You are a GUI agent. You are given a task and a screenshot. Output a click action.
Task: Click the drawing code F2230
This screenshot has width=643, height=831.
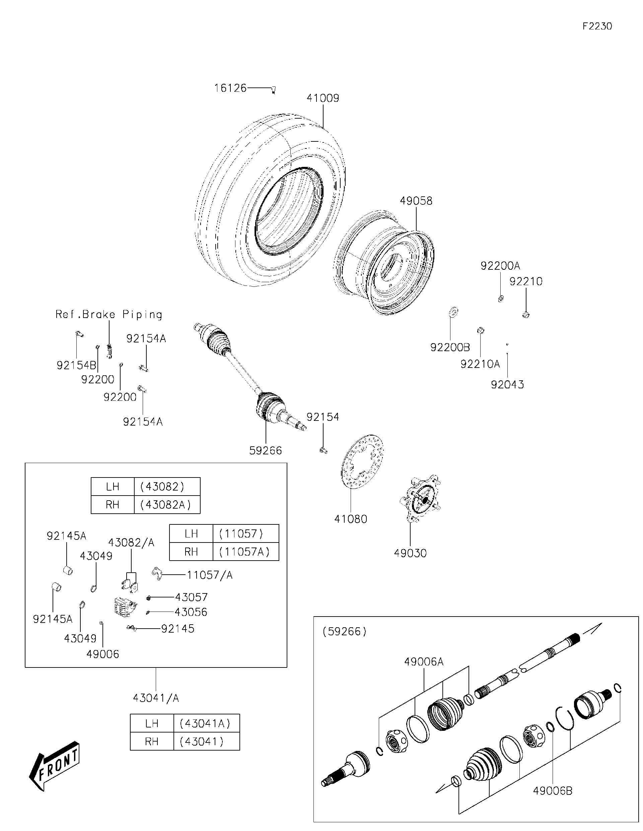597,26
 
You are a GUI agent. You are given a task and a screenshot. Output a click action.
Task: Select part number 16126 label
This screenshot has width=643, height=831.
230,88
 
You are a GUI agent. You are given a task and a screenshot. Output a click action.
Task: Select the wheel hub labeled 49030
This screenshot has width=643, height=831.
420,499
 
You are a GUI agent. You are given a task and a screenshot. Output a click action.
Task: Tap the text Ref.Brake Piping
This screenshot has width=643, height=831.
109,314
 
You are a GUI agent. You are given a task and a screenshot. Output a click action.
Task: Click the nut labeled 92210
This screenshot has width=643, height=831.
526,315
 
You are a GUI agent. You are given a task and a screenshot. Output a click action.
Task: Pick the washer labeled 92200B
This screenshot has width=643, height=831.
454,312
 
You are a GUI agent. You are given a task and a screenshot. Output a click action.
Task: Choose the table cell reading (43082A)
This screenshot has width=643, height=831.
167,505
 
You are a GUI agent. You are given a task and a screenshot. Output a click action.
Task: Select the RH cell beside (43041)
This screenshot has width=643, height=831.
151,741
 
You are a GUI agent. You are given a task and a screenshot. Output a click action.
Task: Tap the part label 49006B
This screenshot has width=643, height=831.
552,791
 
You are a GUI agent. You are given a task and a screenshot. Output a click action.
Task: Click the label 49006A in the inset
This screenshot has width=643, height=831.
424,662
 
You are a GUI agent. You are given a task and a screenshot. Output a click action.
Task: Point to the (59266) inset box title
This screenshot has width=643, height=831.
345,632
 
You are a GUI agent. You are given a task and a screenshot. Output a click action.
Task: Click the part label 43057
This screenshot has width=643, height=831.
191,597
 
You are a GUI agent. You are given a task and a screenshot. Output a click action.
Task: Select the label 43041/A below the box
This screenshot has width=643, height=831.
156,698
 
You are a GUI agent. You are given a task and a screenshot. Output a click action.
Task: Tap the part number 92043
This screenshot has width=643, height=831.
507,384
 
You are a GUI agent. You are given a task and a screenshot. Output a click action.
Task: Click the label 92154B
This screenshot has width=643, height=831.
76,365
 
